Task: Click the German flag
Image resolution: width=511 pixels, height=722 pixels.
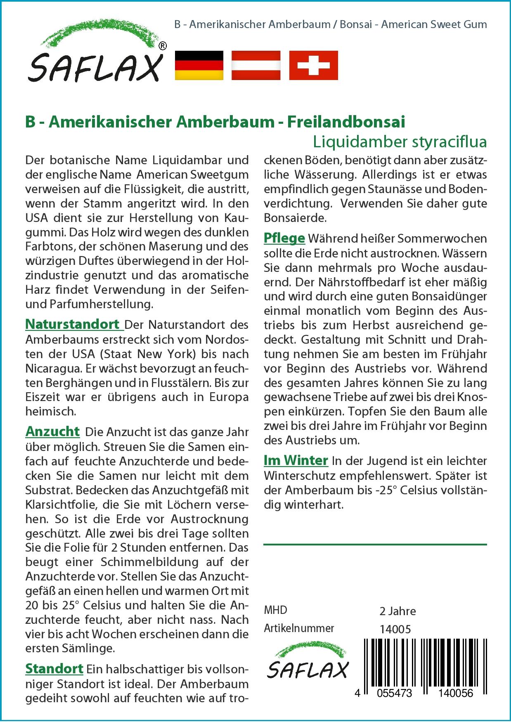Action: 199,65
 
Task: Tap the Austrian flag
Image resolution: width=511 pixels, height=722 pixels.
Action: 256,65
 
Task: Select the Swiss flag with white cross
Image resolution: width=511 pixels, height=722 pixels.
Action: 313,65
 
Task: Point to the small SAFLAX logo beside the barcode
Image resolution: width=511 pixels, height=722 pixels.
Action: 308,664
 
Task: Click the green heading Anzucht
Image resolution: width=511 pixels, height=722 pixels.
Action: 52,432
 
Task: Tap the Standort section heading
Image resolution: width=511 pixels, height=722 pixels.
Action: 54,669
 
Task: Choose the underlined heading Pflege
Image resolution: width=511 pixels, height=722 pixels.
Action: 284,238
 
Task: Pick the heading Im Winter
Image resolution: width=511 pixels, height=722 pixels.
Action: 296,460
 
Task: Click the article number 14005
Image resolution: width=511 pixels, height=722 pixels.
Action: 395,629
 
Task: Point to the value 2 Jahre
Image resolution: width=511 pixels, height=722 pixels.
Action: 397,611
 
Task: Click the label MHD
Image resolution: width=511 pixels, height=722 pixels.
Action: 275,610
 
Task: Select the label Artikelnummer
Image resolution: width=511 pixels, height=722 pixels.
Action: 299,628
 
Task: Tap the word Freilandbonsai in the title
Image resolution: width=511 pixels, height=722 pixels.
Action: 346,122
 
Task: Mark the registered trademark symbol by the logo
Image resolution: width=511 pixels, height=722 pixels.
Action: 163,46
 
